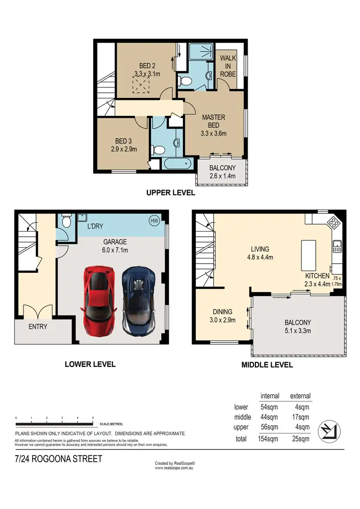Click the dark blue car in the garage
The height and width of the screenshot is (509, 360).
(x=138, y=301)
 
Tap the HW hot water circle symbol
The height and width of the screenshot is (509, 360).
(x=154, y=220)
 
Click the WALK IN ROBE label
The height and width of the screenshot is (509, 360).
(x=228, y=66)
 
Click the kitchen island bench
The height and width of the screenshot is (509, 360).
(x=307, y=254)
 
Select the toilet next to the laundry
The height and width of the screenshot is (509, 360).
(x=67, y=221)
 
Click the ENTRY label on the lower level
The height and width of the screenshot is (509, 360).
(x=38, y=327)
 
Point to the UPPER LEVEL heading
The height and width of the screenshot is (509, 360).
(x=170, y=193)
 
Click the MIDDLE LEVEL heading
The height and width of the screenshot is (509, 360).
(x=267, y=365)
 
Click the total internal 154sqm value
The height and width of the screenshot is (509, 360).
(x=269, y=438)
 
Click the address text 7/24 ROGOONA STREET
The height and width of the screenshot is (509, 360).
(x=59, y=459)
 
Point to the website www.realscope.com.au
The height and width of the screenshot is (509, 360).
(x=174, y=468)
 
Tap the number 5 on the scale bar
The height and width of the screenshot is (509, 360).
(x=93, y=418)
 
